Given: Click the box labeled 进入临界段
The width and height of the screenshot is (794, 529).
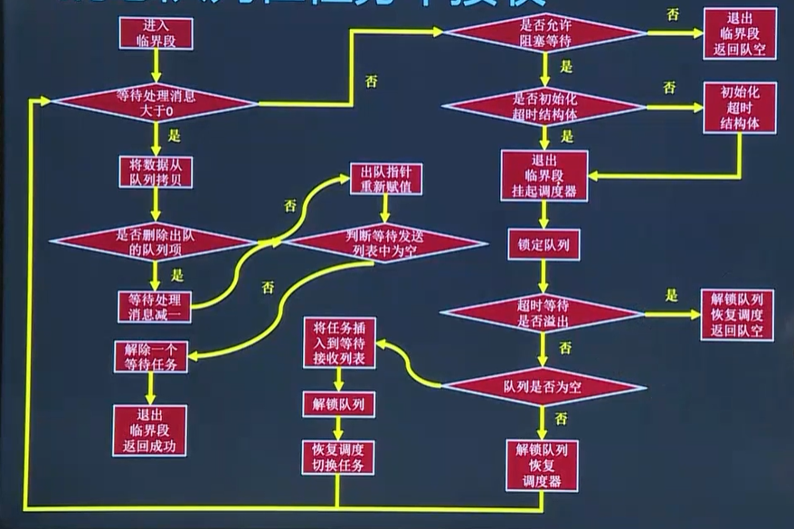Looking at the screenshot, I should (156, 34).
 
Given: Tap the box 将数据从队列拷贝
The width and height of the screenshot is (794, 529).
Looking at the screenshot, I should (156, 172).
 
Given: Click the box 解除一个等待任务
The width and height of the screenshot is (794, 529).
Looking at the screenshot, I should (151, 356).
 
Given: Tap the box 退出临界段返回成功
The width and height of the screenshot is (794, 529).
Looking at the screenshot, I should (149, 430).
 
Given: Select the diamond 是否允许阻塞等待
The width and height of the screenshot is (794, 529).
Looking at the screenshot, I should (543, 33).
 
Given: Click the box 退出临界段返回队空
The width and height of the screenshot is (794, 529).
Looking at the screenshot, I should (739, 34).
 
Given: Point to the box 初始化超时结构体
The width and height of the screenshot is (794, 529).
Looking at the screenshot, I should (739, 108).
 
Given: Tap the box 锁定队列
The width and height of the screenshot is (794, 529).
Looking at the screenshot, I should (543, 244).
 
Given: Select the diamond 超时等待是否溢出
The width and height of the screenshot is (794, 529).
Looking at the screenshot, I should (543, 313).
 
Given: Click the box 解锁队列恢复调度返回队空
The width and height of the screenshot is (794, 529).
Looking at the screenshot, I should (736, 315).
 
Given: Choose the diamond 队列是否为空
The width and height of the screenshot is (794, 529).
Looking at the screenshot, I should (543, 386).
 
